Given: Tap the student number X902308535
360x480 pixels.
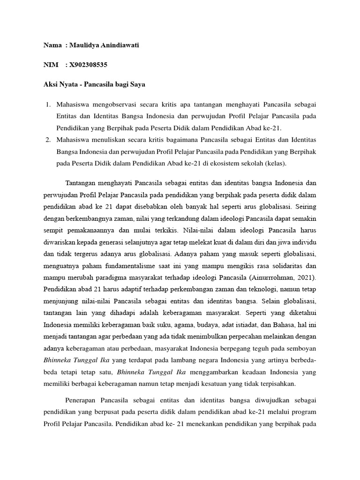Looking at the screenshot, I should (90, 65).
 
